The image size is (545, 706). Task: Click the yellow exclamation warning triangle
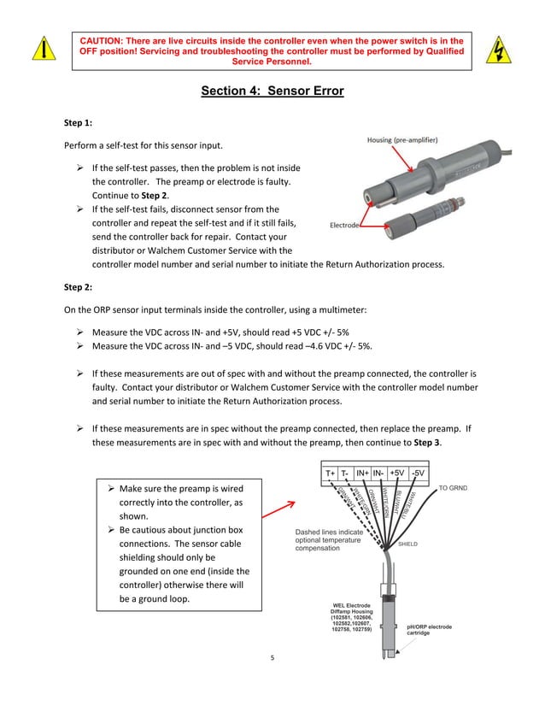(x=39, y=50)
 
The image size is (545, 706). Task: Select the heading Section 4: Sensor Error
(x=272, y=91)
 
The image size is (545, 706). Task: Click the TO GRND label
(x=453, y=488)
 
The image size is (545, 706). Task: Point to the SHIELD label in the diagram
(x=407, y=544)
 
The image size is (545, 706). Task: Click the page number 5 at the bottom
(x=272, y=659)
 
